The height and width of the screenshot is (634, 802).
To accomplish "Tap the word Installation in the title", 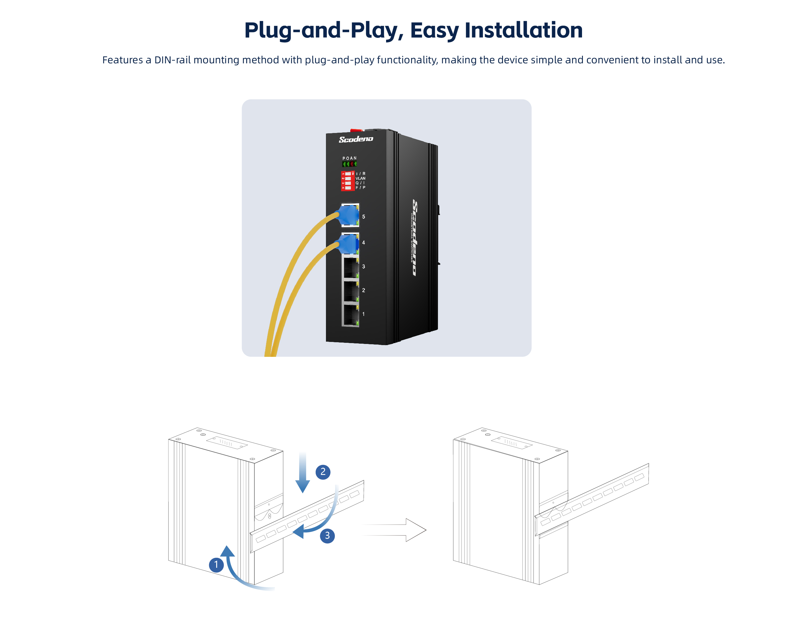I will click(x=523, y=30).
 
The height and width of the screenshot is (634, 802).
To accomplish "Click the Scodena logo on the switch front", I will click(x=355, y=139).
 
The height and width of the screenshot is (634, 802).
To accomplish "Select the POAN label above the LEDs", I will click(x=349, y=158).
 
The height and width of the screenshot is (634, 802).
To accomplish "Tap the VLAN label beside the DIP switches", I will click(x=360, y=178).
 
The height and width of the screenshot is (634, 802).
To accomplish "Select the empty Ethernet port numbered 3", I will click(x=350, y=267).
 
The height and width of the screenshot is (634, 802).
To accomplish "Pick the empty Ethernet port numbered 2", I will click(x=350, y=291).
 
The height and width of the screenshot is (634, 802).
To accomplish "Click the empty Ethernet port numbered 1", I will click(x=350, y=315).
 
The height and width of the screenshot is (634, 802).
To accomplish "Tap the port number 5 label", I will click(x=363, y=217).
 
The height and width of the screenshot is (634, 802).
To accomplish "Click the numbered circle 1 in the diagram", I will click(x=216, y=565).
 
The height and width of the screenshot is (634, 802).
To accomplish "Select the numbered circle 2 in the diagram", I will click(x=323, y=472).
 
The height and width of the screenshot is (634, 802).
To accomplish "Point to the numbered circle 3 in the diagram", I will click(x=327, y=536).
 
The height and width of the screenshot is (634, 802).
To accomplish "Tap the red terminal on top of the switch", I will click(x=356, y=130).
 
